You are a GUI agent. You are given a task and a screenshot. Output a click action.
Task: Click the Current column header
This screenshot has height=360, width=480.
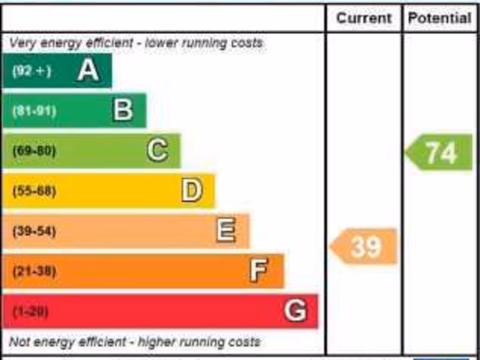click(x=364, y=18)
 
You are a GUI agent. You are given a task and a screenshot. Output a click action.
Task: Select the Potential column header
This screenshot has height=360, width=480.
click(x=439, y=18)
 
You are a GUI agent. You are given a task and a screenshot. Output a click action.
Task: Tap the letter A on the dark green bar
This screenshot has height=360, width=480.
click(x=88, y=71)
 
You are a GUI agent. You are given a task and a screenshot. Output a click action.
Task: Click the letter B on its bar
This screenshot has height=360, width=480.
click(x=123, y=111)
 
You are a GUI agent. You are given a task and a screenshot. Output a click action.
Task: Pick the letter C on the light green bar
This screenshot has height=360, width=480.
click(x=157, y=151)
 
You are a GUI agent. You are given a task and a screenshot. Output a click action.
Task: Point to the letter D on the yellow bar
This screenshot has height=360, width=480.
click(x=192, y=191)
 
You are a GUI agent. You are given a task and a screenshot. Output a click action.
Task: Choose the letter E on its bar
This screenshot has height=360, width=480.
click(x=226, y=231)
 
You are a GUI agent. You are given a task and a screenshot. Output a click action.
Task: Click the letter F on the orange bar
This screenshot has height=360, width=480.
click(x=258, y=270)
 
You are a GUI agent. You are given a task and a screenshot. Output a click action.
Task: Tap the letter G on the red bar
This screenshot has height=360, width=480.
click(x=295, y=310)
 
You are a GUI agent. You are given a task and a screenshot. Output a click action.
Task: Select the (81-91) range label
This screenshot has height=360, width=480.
click(x=34, y=111)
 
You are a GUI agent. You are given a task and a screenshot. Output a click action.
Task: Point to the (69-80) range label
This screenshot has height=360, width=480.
click(x=34, y=151)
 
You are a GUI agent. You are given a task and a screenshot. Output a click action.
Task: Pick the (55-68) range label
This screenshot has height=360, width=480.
click(x=34, y=191)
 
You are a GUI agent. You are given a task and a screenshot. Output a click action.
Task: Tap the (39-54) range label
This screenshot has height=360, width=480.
click(x=34, y=231)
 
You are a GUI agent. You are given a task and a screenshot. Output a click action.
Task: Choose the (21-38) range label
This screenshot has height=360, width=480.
click(x=34, y=271)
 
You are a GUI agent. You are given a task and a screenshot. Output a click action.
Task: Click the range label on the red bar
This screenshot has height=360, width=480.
click(x=30, y=311)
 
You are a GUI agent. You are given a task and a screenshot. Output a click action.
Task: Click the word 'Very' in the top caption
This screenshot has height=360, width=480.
click(x=20, y=44)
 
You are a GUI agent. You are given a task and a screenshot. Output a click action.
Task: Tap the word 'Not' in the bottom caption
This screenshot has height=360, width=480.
click(x=19, y=342)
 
